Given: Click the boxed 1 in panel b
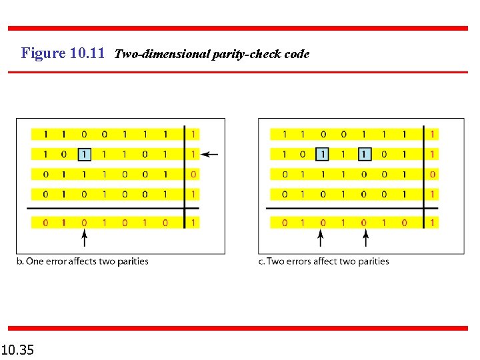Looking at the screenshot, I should pos(84,155).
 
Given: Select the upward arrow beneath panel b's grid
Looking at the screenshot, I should pos(84,237).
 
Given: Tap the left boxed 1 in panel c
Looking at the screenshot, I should pos(323,155).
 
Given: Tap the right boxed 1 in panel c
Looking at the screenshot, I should pos(363,155).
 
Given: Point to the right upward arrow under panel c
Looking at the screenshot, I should pos(363,237).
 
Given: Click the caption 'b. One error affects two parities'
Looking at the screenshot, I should pos(82,261).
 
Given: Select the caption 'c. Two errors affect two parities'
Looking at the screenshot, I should pos(323,261).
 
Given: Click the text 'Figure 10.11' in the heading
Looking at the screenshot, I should pos(63,53).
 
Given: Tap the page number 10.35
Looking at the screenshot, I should pos(18,349).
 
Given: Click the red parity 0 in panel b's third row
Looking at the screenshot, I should pos(193,175).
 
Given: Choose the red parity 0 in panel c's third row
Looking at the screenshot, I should pos(433,175).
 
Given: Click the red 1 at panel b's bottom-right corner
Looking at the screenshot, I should pos(193,223).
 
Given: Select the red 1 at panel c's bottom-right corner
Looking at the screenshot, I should pos(433,223).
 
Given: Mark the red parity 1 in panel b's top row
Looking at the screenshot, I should pos(193,135).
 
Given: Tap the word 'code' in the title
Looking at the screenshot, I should pos(297,54).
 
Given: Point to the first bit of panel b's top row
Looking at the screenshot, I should pos(45,135).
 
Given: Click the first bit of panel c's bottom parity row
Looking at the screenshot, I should pos(284,223).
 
